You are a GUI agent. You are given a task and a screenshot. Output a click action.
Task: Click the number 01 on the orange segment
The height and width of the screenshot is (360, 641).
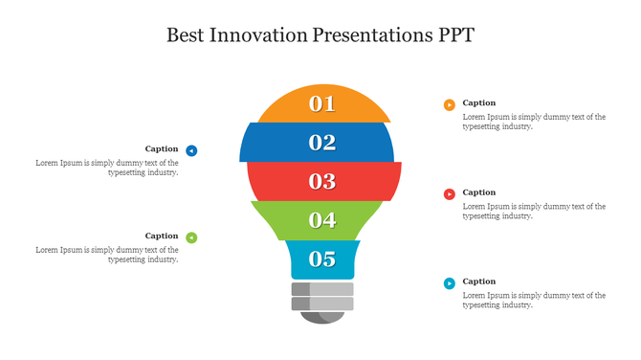tap(322, 104)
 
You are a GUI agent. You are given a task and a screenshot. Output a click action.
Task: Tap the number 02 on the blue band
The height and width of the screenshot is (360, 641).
tap(322, 143)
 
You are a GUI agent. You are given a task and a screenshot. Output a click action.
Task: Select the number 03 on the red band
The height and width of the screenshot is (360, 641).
tap(322, 181)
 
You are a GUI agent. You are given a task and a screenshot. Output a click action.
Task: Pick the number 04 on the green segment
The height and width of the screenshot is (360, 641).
tap(322, 220)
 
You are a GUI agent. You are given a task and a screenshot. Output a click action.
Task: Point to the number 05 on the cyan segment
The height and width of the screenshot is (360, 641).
tap(322, 259)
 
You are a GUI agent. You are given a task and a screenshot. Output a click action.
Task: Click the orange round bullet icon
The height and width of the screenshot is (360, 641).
tap(449, 104)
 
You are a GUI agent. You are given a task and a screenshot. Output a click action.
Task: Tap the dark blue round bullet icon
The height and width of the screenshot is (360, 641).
tap(191, 150)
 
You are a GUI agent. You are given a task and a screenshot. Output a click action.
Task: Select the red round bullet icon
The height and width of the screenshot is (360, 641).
tap(449, 194)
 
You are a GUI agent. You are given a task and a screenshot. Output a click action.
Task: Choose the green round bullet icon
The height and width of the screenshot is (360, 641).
tap(191, 237)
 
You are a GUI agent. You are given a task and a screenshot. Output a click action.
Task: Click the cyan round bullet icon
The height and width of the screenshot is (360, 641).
tap(449, 283)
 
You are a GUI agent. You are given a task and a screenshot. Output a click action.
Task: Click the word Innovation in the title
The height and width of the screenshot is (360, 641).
tap(262, 35)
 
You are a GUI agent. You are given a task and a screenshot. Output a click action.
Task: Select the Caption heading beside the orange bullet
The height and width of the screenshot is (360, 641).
tap(479, 102)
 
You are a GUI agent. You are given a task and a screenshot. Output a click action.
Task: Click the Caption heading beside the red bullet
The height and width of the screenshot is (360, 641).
tap(479, 192)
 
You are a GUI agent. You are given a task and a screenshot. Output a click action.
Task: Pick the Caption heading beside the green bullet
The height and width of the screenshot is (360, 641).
tap(162, 236)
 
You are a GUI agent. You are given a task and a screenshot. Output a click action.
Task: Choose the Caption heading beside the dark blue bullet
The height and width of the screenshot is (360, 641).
tap(162, 148)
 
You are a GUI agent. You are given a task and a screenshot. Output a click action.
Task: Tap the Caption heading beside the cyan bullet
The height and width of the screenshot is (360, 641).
tap(479, 281)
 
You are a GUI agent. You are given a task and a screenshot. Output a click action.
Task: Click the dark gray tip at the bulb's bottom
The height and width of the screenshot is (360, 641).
tap(322, 317)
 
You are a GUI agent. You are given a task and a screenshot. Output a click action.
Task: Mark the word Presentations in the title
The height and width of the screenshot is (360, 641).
tap(370, 35)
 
